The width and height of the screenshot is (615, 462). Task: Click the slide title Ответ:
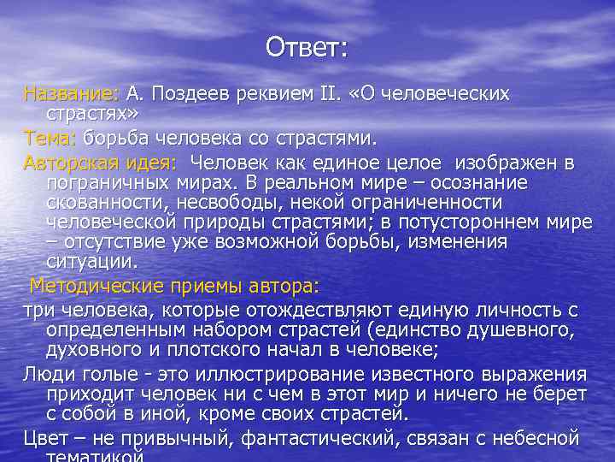pyautogui.click(x=307, y=47)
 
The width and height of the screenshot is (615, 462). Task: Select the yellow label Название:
pyautogui.click(x=73, y=92)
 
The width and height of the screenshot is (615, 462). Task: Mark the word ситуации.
pyautogui.click(x=91, y=263)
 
